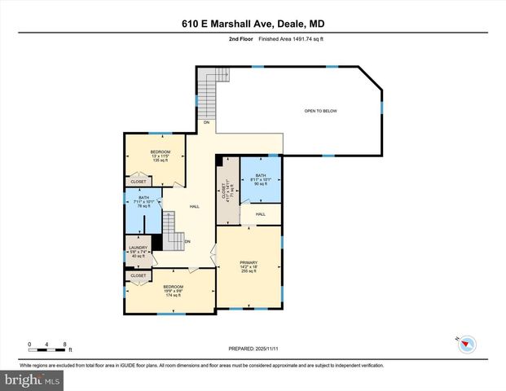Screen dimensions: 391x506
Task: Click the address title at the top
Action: coord(253,25)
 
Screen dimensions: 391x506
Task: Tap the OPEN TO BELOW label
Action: coord(321,111)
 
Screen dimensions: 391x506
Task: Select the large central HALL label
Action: coord(195,207)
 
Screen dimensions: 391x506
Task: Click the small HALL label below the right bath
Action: coord(261,214)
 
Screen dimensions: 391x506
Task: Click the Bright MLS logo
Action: coord(32,380)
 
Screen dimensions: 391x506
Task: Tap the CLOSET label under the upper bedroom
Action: coord(139,182)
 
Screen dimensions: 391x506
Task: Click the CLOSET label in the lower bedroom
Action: coord(139,275)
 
